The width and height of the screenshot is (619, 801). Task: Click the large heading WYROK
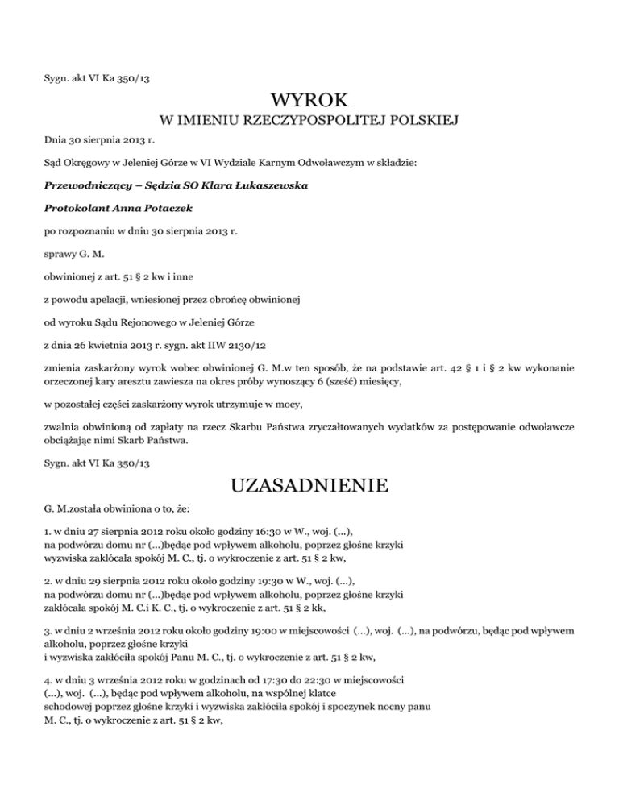pyautogui.click(x=310, y=102)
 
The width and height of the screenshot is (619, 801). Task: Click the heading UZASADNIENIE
pyautogui.click(x=310, y=487)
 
